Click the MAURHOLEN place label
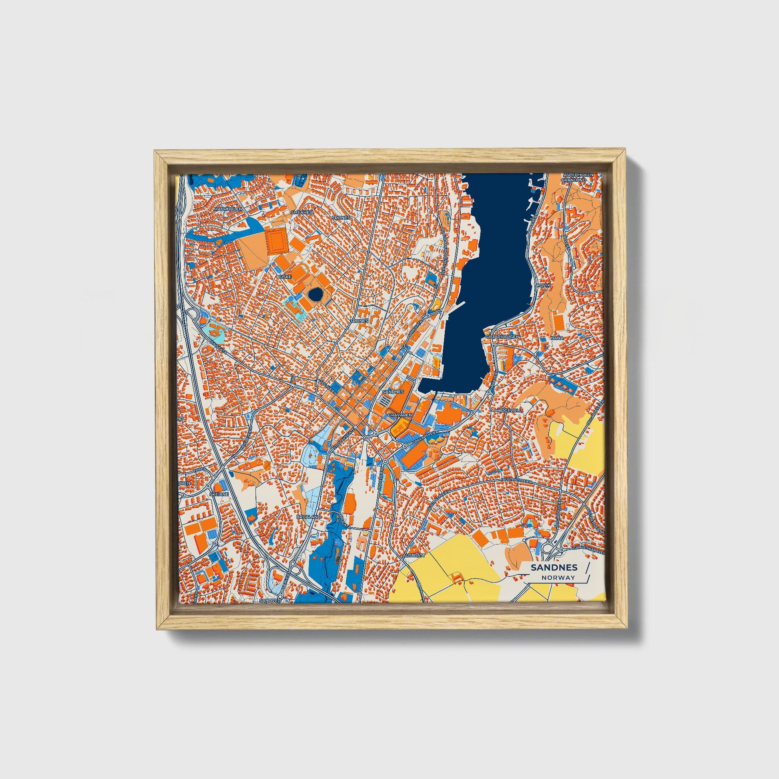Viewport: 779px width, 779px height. click(x=228, y=209)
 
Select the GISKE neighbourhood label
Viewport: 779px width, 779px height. click(x=285, y=277)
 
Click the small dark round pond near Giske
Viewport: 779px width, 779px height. click(x=315, y=295)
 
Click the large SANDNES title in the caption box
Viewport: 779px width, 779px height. click(x=554, y=567)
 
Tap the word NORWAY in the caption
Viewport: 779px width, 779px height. click(x=558, y=577)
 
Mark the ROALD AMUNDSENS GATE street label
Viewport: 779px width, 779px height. click(x=444, y=249)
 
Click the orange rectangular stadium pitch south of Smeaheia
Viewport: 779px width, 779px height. click(x=276, y=241)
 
